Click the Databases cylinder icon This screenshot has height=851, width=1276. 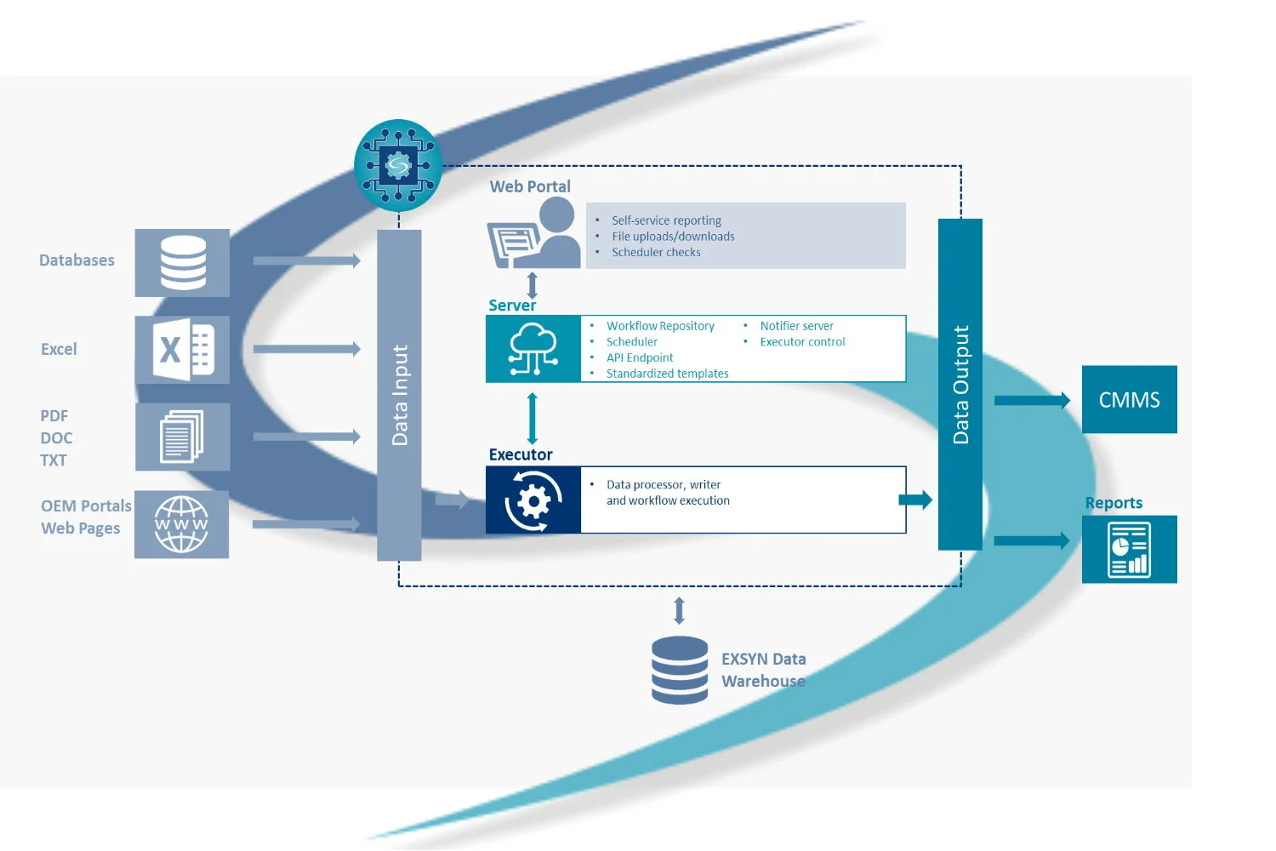coord(182,263)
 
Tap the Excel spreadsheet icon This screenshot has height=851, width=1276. coord(182,350)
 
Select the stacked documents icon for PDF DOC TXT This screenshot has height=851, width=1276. coord(182,437)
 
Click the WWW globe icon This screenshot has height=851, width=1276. coord(181,524)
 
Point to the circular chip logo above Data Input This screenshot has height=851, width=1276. coord(398,165)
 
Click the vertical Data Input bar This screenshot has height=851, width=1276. coord(399,395)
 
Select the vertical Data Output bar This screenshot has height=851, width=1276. coord(960,385)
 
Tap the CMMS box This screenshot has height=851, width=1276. coord(1129,400)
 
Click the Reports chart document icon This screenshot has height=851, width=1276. coord(1129,550)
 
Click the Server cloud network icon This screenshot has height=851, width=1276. coord(533,349)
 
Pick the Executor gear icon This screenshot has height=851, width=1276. coord(533,500)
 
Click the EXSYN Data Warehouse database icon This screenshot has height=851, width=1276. coord(679,670)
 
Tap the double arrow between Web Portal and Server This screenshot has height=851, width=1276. coord(533,284)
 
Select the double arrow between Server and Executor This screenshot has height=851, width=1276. coord(533,419)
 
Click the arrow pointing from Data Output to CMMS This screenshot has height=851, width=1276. coord(1032,400)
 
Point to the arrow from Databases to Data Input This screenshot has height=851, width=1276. coord(306,261)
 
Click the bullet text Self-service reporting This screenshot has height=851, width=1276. coord(666,220)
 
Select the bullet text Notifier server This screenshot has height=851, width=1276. coord(796,326)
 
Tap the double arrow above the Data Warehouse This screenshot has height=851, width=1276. coord(679,610)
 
